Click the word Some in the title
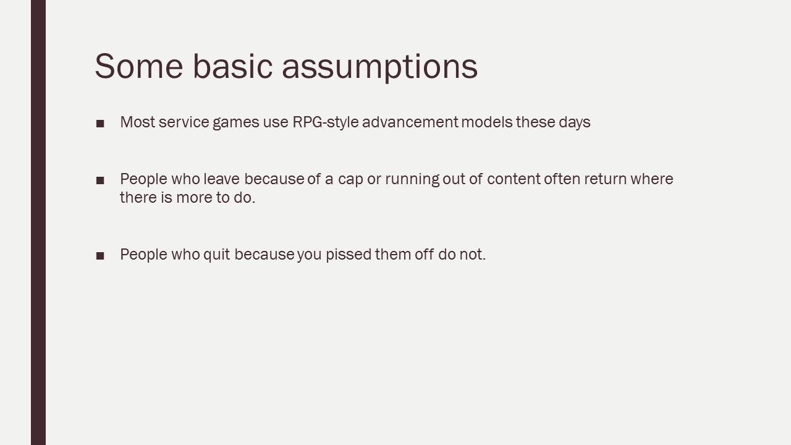pos(139,66)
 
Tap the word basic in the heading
pos(233,66)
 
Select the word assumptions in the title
pos(380,67)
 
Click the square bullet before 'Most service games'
pos(100,124)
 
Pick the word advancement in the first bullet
pos(410,122)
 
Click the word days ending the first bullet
pos(575,122)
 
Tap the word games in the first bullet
pos(236,123)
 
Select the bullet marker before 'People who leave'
pos(100,180)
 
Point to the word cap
pos(350,180)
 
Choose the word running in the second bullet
pos(412,179)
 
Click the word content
pos(514,179)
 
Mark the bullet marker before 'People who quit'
pos(100,256)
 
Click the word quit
pos(217,255)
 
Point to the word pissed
pos(349,255)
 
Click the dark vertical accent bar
pos(38,222)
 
